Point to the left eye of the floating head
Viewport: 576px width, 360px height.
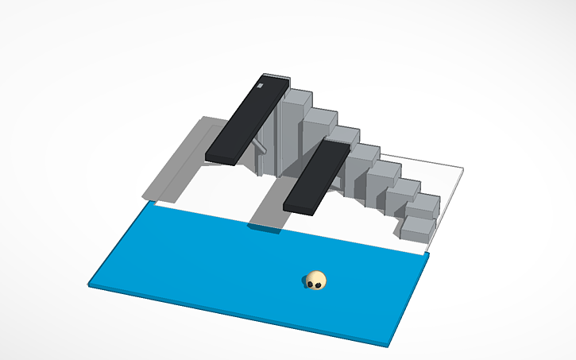(311, 279)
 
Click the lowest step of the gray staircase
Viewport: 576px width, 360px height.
(417, 228)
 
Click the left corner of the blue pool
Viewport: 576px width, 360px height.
(91, 283)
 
